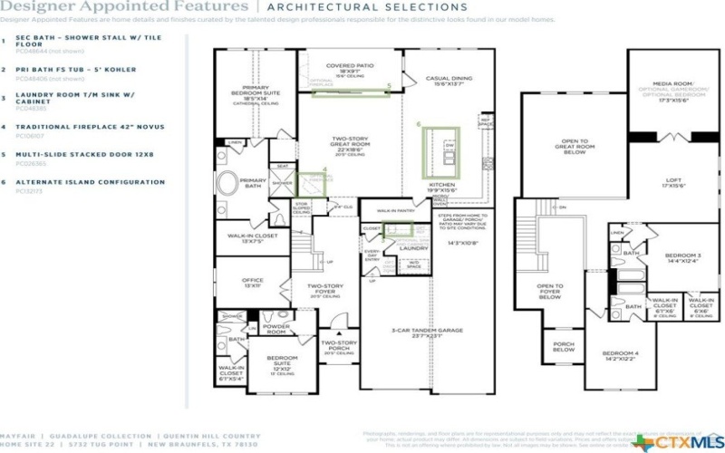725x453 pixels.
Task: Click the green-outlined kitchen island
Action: pos(441,149)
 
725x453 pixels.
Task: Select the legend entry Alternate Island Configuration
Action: pos(91,182)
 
